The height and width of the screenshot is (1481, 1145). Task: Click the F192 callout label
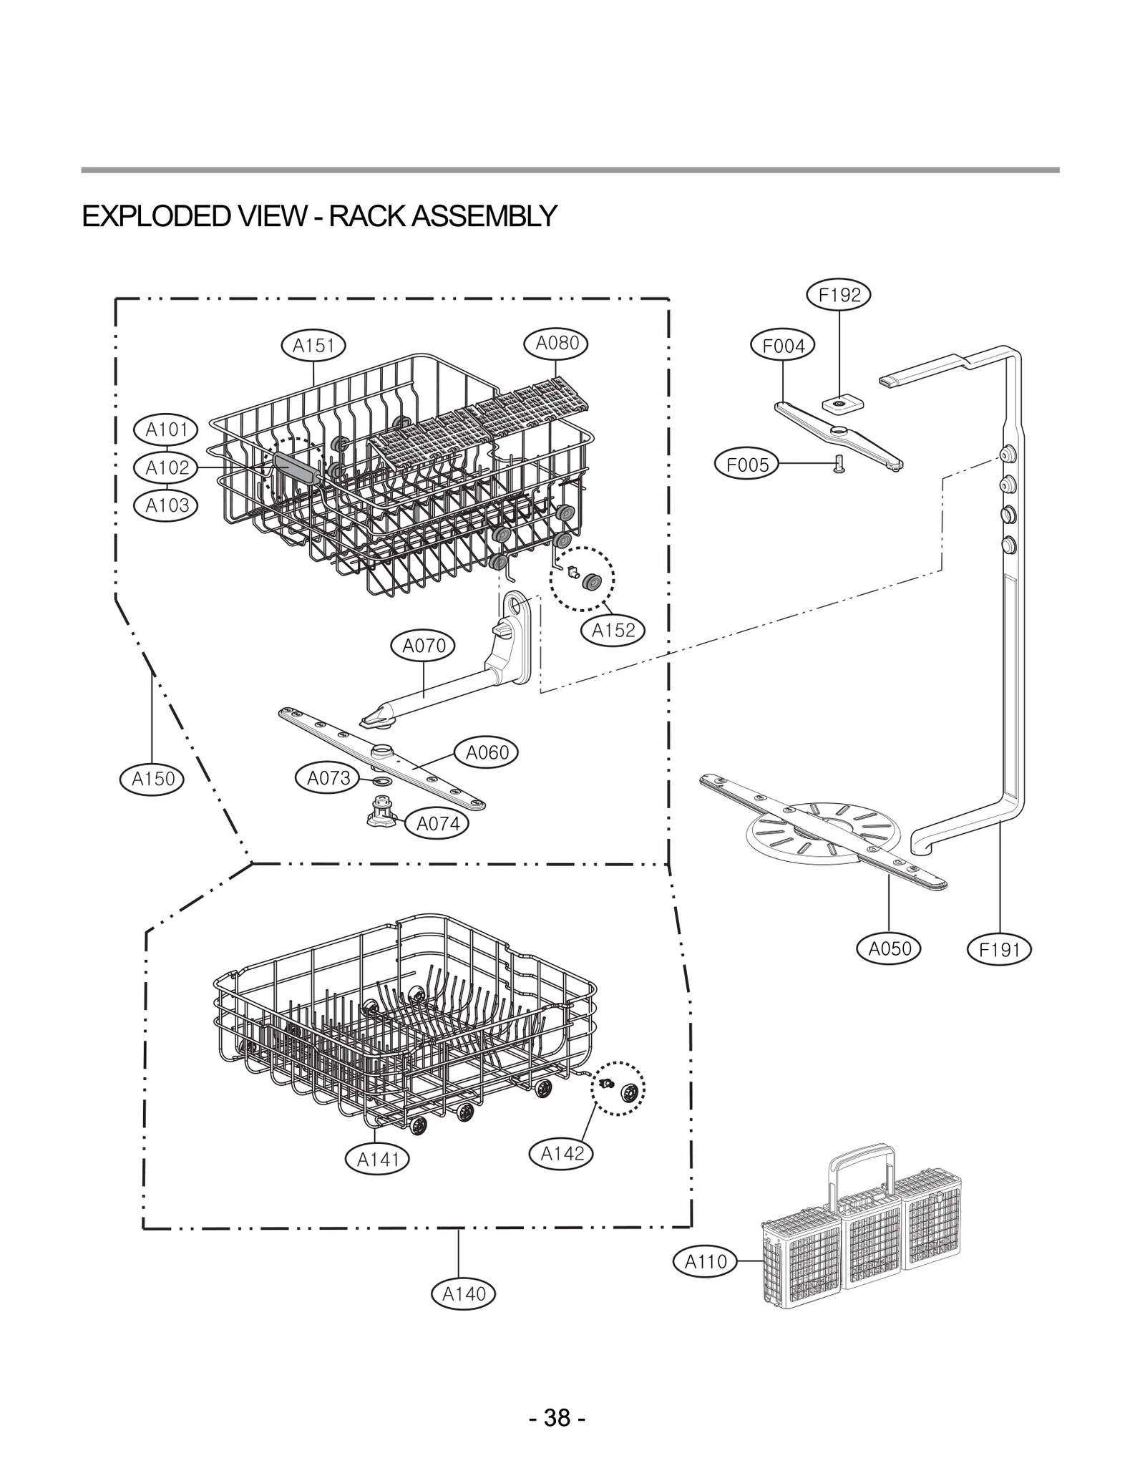(839, 295)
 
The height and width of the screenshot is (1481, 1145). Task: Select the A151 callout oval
(313, 346)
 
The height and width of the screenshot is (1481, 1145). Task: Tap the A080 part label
(557, 343)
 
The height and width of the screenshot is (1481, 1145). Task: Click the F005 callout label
(747, 465)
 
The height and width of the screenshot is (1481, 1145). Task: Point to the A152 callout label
(613, 630)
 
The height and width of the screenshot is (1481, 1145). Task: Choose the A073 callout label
(328, 777)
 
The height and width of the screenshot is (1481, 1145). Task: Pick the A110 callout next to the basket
(706, 1261)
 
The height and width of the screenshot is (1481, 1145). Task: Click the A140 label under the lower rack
(464, 1293)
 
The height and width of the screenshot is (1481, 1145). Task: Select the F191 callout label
(999, 950)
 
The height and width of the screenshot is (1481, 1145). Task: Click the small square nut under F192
(839, 404)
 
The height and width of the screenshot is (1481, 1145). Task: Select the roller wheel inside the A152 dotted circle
(591, 582)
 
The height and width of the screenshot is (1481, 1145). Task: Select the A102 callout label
(167, 467)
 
